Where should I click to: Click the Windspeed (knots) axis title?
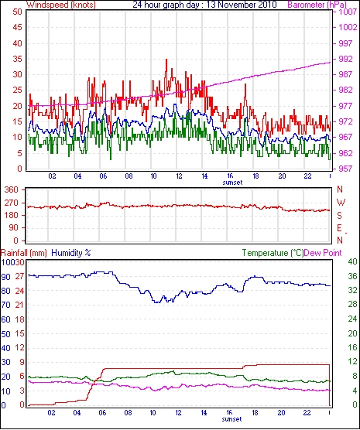(x=61, y=5)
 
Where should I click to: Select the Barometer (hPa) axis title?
(x=317, y=5)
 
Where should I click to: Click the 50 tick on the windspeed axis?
(x=17, y=12)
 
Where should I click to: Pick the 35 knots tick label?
(x=17, y=59)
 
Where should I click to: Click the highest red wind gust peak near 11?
(x=166, y=60)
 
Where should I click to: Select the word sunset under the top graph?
(x=232, y=183)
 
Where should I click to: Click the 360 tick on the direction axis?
(x=12, y=189)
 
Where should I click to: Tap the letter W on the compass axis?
(x=341, y=203)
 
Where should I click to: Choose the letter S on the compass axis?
(x=340, y=216)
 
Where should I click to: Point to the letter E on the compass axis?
(x=339, y=228)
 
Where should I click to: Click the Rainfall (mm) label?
(x=24, y=253)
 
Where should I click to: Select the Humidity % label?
(x=71, y=253)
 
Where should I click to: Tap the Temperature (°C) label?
(x=273, y=253)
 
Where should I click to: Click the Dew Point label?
(x=323, y=253)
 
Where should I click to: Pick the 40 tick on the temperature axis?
(x=352, y=261)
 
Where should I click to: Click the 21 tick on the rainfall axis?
(x=19, y=305)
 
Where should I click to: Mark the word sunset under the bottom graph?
(x=231, y=419)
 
